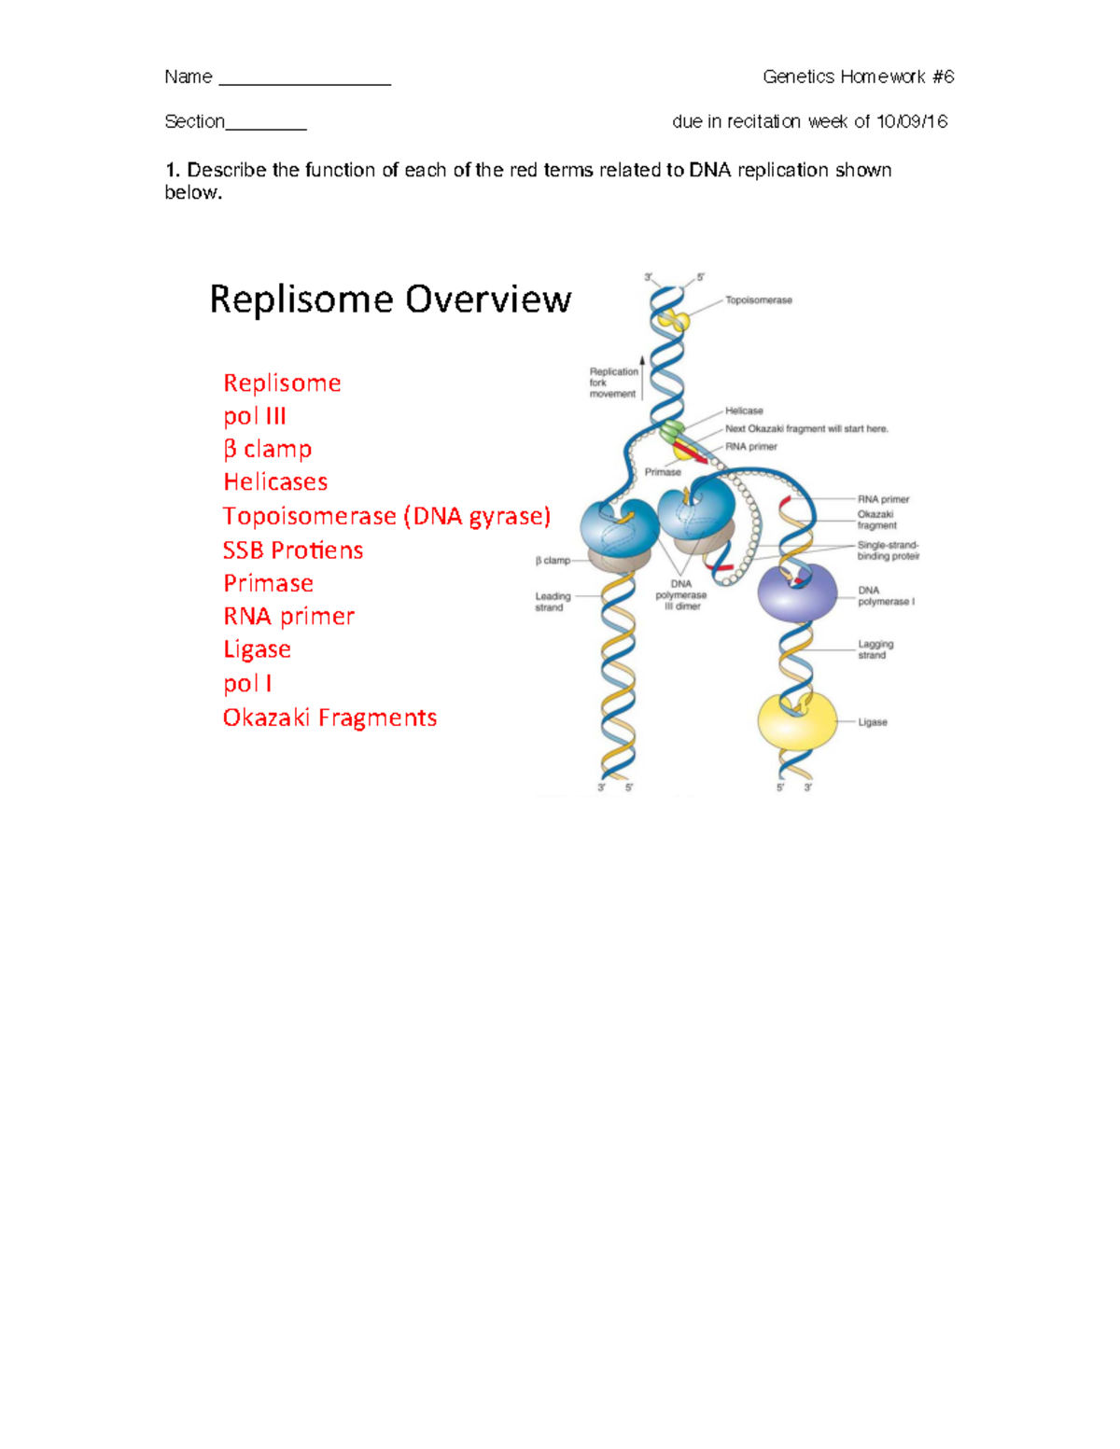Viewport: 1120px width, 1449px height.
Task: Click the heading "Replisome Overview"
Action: (x=390, y=300)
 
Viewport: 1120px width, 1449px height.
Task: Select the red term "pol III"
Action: (x=255, y=416)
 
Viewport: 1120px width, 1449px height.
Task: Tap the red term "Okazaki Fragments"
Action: (x=329, y=718)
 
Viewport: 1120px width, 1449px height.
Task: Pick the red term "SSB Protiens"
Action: (x=293, y=550)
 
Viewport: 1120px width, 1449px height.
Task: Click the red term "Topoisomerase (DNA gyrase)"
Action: (x=386, y=516)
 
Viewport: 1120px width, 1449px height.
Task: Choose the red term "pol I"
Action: (x=247, y=684)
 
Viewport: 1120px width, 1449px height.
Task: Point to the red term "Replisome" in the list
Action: (x=282, y=383)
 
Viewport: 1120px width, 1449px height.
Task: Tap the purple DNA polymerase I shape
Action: (x=797, y=592)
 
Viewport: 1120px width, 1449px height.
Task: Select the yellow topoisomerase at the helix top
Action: (x=674, y=321)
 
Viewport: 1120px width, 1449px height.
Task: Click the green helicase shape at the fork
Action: (x=672, y=432)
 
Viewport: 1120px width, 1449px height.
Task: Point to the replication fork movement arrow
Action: (x=642, y=378)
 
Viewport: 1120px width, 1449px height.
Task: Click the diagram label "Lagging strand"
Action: (x=875, y=649)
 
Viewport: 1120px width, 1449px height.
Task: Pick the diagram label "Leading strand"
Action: (x=553, y=602)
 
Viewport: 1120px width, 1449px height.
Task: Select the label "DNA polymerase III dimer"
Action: (x=681, y=595)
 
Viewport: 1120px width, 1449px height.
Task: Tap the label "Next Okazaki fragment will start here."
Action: (x=806, y=429)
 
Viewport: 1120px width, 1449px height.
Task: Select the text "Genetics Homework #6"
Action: (x=858, y=77)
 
